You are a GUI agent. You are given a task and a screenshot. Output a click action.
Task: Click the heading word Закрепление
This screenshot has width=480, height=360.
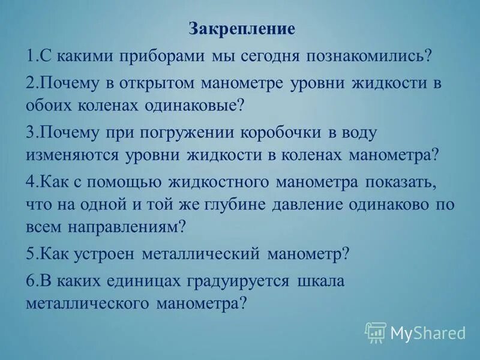click(242, 28)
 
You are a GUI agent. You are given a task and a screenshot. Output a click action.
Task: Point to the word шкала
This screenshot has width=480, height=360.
click(321, 281)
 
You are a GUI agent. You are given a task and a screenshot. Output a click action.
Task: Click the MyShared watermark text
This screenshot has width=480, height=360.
click(428, 332)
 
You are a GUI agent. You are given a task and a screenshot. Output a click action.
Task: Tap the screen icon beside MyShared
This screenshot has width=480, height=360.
click(376, 331)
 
